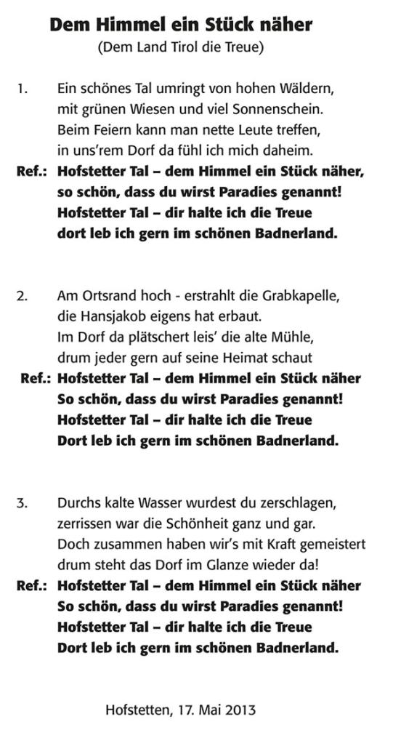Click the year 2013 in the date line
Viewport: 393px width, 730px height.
240,709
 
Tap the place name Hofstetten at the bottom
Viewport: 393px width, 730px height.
136,709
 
